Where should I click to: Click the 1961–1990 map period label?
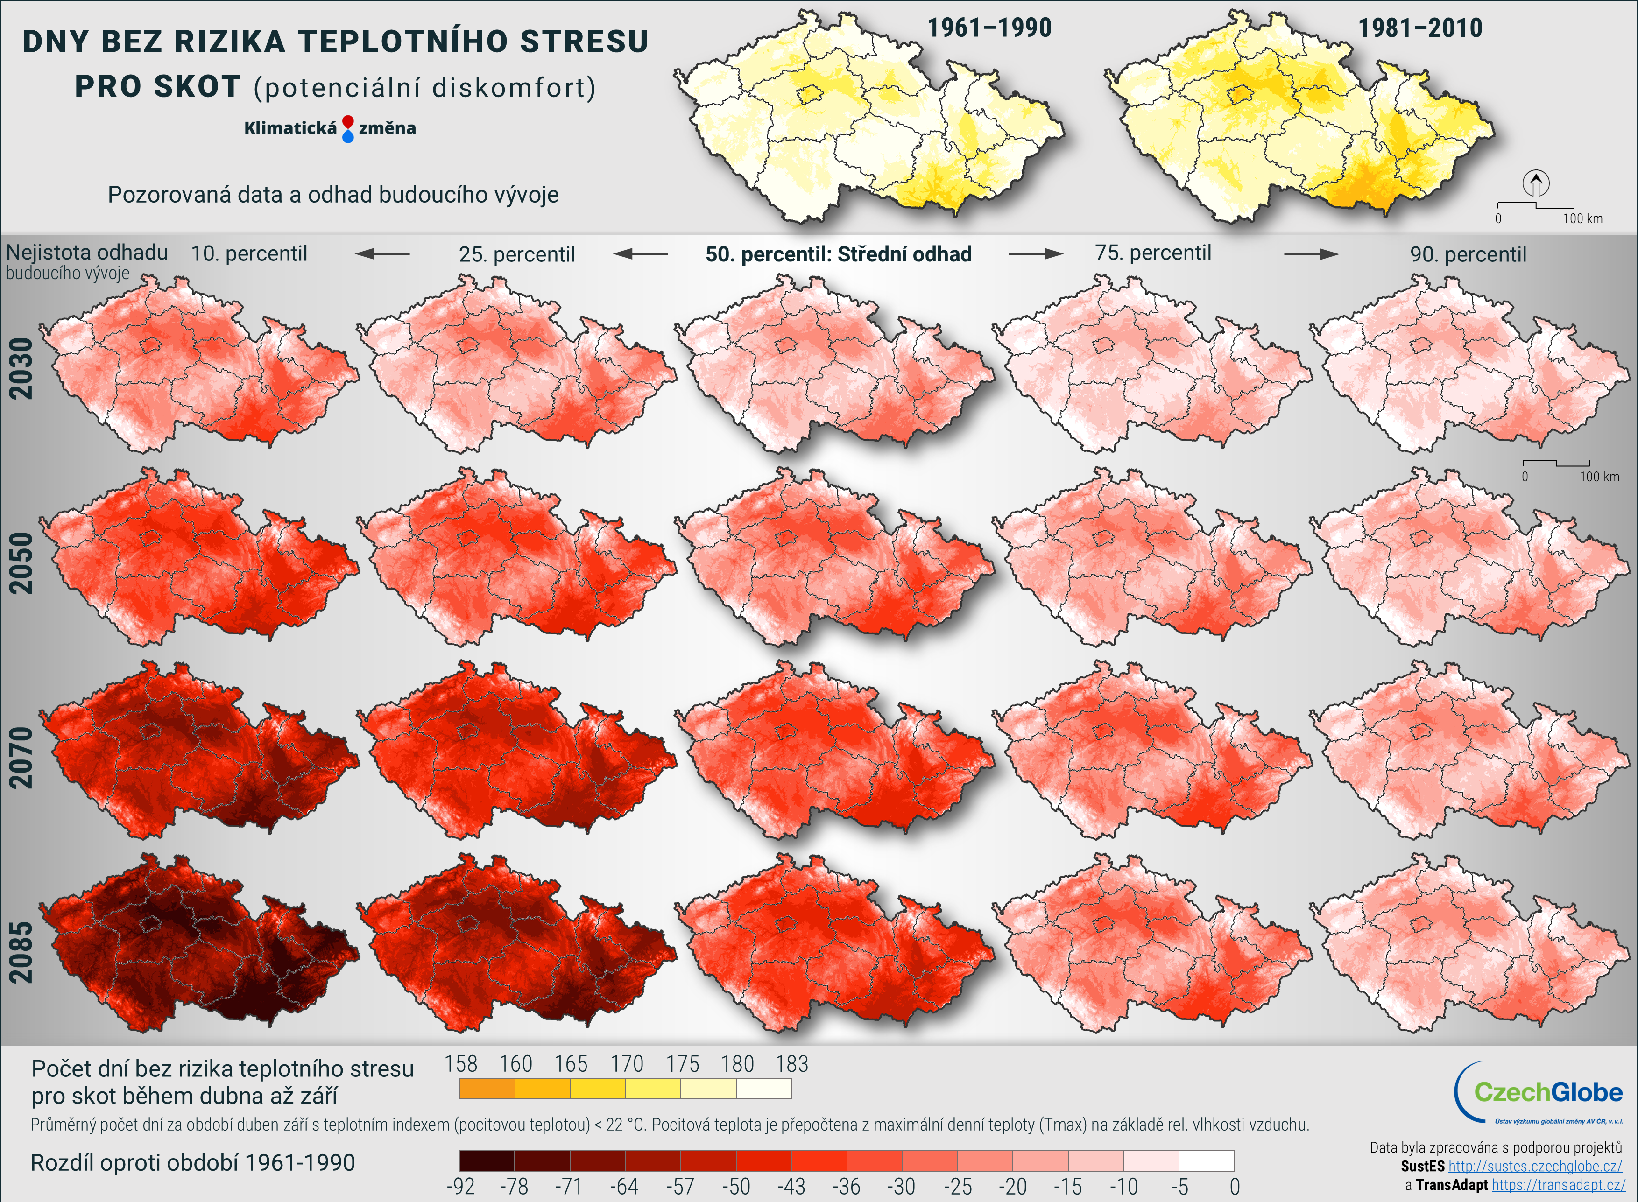point(989,28)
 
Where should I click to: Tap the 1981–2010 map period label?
point(1419,28)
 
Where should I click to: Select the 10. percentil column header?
point(249,254)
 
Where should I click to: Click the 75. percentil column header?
point(1153,253)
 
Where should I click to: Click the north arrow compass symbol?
point(1535,183)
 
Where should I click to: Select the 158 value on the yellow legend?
point(460,1064)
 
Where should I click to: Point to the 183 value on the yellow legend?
point(792,1064)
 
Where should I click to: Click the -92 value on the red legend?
point(460,1187)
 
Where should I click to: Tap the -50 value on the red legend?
point(736,1187)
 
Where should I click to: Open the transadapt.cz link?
point(1558,1185)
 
